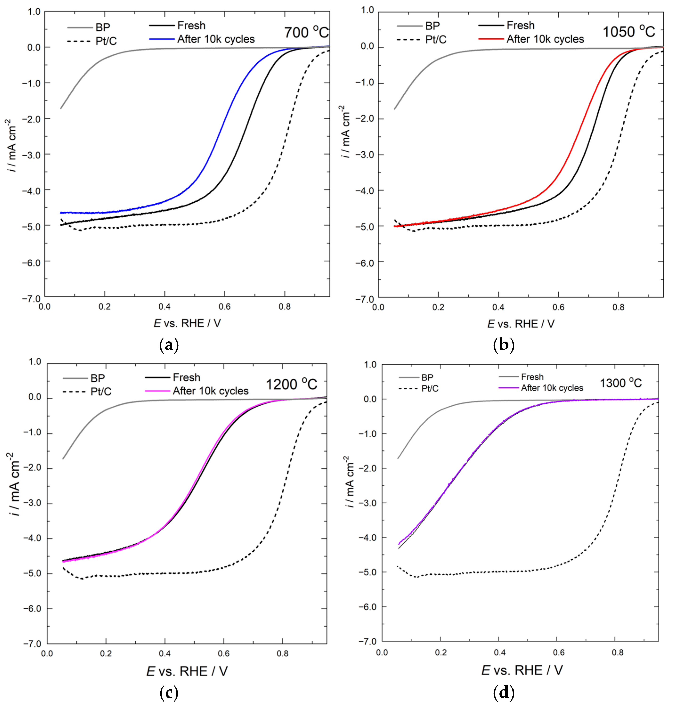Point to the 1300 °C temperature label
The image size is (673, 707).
(x=621, y=383)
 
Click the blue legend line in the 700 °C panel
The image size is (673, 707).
(x=162, y=39)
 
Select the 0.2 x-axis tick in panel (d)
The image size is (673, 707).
(x=441, y=652)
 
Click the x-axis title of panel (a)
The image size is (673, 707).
(x=187, y=323)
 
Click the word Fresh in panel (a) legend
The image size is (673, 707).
(x=191, y=25)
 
